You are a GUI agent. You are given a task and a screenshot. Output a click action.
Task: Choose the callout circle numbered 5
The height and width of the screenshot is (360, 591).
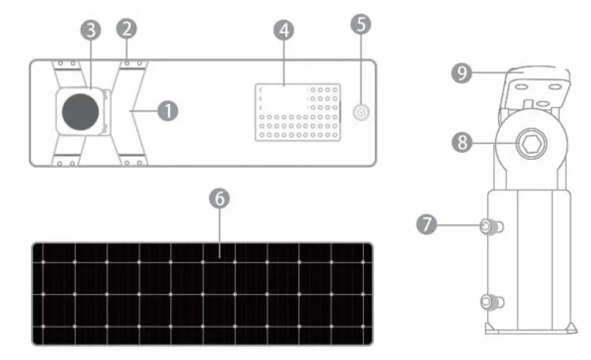(360, 24)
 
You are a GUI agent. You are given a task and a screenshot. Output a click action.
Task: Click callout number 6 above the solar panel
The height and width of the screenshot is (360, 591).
(220, 198)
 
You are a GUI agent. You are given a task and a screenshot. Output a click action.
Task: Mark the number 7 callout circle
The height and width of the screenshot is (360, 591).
(427, 224)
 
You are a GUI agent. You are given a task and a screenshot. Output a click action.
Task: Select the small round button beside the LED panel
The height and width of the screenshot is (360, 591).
(360, 113)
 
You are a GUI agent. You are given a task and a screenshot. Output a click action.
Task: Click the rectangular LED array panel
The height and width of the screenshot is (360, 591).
(298, 112)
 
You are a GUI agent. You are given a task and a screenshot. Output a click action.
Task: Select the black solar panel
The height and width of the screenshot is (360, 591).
(202, 293)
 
